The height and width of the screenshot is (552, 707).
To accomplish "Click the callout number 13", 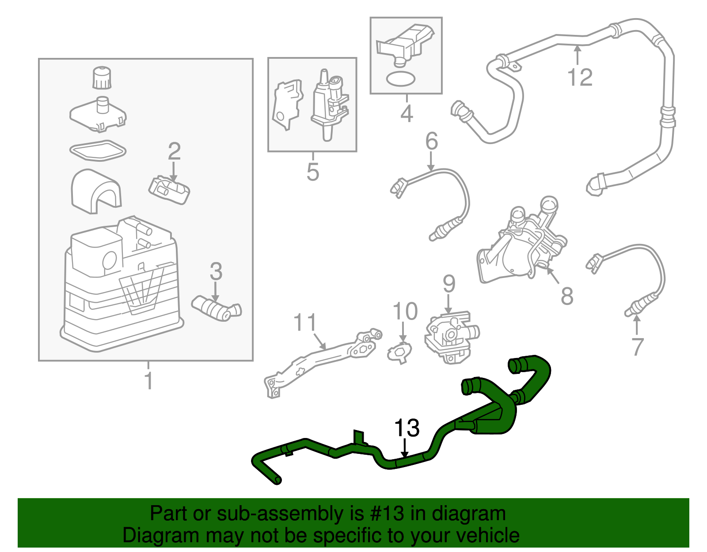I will point(407,428).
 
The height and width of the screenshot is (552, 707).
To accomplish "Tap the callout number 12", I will point(580,78).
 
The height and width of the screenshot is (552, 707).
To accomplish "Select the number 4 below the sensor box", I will point(407,114).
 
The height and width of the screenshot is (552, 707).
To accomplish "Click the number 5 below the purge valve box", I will point(312,172).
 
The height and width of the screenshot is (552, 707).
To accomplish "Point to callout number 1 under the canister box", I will point(149,381).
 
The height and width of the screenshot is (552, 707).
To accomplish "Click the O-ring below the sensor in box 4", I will point(400,79).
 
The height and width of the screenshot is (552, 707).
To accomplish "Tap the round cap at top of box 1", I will point(102,78).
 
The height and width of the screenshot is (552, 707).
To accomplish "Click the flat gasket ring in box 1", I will point(98,151).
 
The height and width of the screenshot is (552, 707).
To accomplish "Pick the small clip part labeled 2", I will point(169,190).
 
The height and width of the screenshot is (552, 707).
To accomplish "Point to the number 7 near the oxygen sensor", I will point(637,346).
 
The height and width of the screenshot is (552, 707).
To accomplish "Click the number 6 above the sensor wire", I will point(431,141).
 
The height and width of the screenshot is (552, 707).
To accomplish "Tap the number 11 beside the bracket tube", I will point(305,323).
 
